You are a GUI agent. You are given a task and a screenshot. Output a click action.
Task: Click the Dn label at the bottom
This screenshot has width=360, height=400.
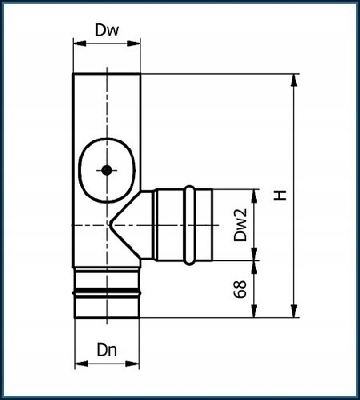click(x=106, y=348)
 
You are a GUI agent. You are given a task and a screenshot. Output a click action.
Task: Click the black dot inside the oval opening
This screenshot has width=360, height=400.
click(x=106, y=170)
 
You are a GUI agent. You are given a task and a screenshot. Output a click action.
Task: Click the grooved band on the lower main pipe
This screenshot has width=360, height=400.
click(x=106, y=290)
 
